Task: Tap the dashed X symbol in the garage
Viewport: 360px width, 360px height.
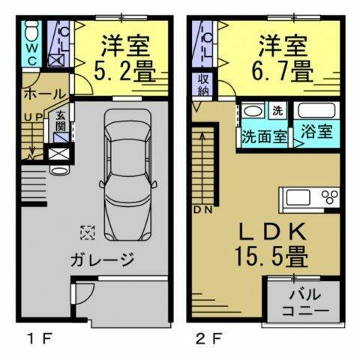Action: click(x=88, y=233)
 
